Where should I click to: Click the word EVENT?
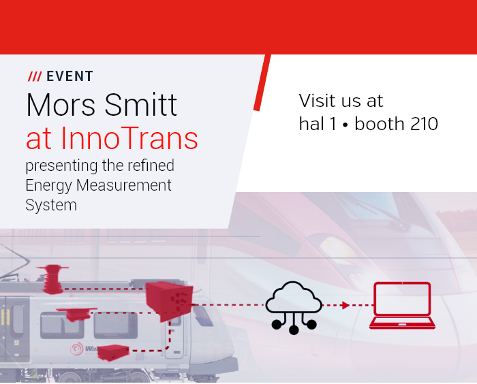pyautogui.click(x=70, y=76)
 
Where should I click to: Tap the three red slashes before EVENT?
pyautogui.click(x=35, y=76)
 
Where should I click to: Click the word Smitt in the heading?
pyautogui.click(x=141, y=105)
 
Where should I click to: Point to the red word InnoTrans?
pyautogui.click(x=129, y=138)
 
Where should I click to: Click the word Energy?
pyautogui.click(x=48, y=186)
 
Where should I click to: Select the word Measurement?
pyautogui.click(x=124, y=185)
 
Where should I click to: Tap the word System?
pyautogui.click(x=51, y=205)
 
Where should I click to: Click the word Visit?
pyautogui.click(x=320, y=100)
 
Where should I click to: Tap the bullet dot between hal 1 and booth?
pyautogui.click(x=345, y=125)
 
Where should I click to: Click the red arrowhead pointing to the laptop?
pyautogui.click(x=345, y=305)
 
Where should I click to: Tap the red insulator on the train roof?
pyautogui.click(x=52, y=279)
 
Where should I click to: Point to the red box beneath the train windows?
pyautogui.click(x=113, y=353)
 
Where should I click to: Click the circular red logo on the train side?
pyautogui.click(x=76, y=349)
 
